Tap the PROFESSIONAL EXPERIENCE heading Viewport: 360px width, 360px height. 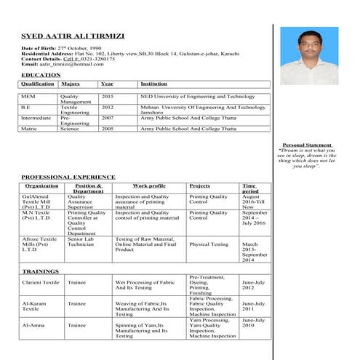click(x=68, y=177)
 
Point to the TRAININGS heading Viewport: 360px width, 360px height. click(x=41, y=271)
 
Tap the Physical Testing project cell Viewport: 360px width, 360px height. click(x=209, y=244)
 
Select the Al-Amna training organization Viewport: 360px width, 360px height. click(x=34, y=325)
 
